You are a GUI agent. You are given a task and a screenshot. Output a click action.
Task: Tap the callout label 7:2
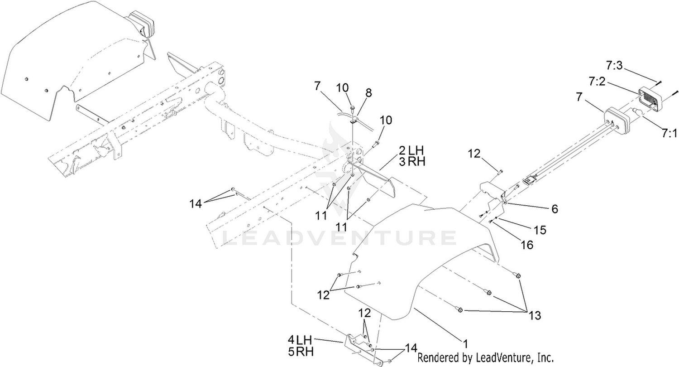(597, 81)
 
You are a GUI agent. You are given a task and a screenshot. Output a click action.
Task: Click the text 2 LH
(411, 150)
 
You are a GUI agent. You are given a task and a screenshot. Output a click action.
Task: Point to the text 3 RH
(411, 162)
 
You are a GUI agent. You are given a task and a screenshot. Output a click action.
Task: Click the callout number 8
(368, 93)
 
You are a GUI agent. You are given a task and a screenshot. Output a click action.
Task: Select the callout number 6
(555, 209)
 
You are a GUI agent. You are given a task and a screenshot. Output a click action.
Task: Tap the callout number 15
(540, 230)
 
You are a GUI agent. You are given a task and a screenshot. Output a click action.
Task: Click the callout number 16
(527, 245)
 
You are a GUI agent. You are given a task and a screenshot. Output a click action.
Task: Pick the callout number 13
(535, 315)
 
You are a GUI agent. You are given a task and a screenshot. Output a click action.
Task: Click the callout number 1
(466, 344)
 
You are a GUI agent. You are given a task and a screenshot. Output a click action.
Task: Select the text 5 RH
(301, 352)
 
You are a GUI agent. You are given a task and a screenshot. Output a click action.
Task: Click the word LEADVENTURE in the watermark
(339, 238)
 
